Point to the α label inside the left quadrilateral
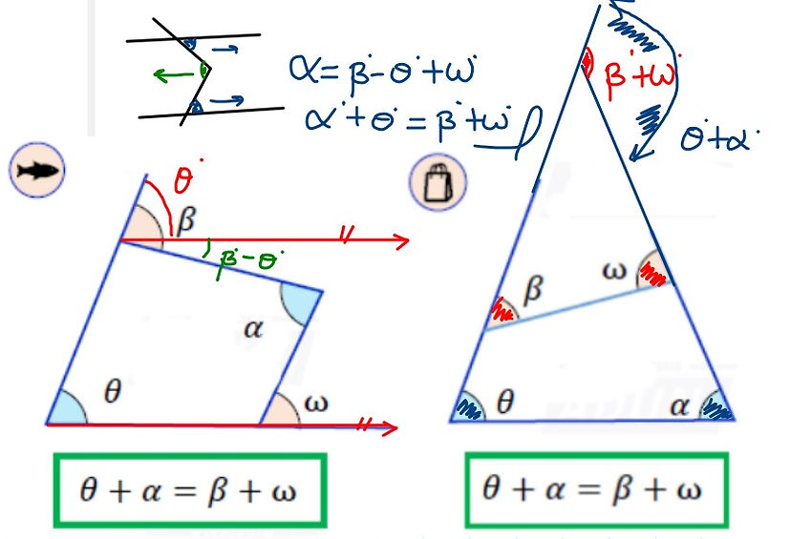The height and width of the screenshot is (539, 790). (252, 330)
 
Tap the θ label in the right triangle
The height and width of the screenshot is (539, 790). (505, 402)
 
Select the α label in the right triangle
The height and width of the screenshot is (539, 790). (679, 404)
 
